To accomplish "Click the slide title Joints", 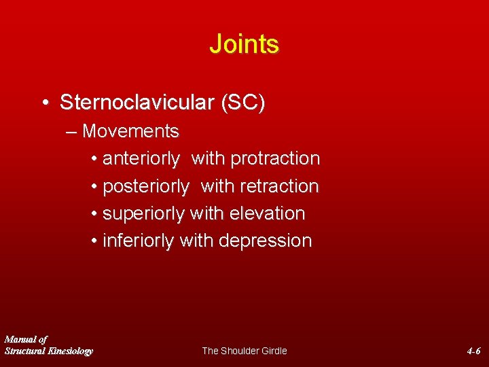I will (x=244, y=44).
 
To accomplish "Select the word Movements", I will (x=130, y=131).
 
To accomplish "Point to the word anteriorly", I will (x=141, y=159).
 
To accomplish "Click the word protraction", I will (x=275, y=159).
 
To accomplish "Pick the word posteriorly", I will (x=145, y=186).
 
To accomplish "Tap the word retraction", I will (x=278, y=186).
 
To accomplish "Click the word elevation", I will (x=267, y=213).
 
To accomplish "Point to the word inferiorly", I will (x=138, y=241).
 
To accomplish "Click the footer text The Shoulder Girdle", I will (x=244, y=351).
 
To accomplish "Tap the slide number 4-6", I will (x=473, y=351).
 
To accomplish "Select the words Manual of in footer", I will (x=26, y=339).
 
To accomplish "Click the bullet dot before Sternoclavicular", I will (x=44, y=104).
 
